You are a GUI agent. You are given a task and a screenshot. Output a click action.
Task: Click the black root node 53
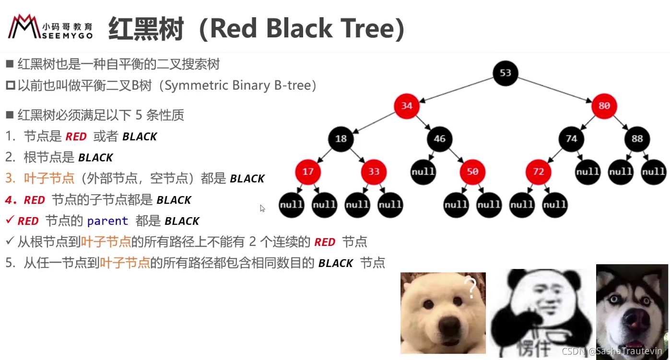pos(505,73)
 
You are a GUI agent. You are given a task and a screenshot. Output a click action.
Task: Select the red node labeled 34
pos(407,106)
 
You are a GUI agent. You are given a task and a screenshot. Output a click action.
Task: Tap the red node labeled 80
pos(604,106)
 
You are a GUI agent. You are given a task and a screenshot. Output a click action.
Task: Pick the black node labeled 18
pos(341,139)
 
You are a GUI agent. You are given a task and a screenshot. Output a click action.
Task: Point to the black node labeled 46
pos(439,139)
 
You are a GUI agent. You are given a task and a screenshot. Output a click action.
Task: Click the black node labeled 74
pos(571,139)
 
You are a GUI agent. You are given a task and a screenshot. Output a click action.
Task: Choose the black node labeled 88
pos(637,139)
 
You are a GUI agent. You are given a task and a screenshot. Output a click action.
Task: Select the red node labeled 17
pos(308,172)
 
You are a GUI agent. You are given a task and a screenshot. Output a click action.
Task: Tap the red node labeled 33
pos(374,172)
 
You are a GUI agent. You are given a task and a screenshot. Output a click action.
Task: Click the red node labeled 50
pos(472,172)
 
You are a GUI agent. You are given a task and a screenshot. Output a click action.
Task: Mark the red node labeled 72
pos(538,172)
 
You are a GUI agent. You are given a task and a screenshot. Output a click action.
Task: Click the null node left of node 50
pos(423,172)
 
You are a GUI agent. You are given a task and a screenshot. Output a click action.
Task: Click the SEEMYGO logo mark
pos(24,26)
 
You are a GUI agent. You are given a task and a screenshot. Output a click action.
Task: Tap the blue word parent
pos(108,221)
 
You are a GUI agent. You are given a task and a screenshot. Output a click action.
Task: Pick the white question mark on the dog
pos(470,288)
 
